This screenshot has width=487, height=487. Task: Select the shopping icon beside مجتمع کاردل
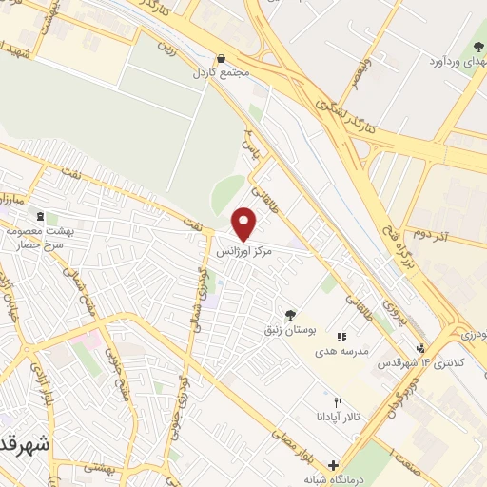click(222, 58)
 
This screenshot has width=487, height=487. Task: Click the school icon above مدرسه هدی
click(341, 337)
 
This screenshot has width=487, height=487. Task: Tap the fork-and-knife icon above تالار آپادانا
click(338, 403)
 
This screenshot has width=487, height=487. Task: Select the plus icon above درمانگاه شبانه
click(333, 465)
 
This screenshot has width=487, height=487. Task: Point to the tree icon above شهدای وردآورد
click(475, 48)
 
